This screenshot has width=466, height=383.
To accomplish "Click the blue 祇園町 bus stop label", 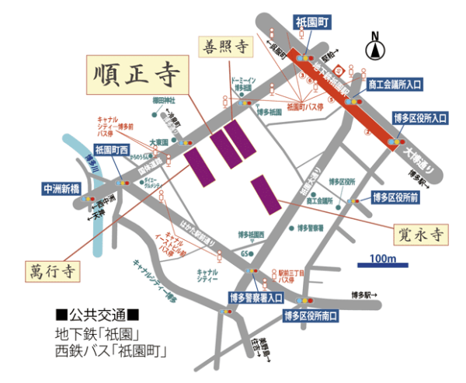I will pos(314,23).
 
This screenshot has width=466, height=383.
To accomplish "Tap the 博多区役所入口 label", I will pos(420,118).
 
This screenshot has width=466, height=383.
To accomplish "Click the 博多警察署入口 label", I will pos(255,297).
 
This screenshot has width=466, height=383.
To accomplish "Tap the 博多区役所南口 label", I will pos(311,315).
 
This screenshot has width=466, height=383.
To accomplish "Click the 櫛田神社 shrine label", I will pos(164,100).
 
